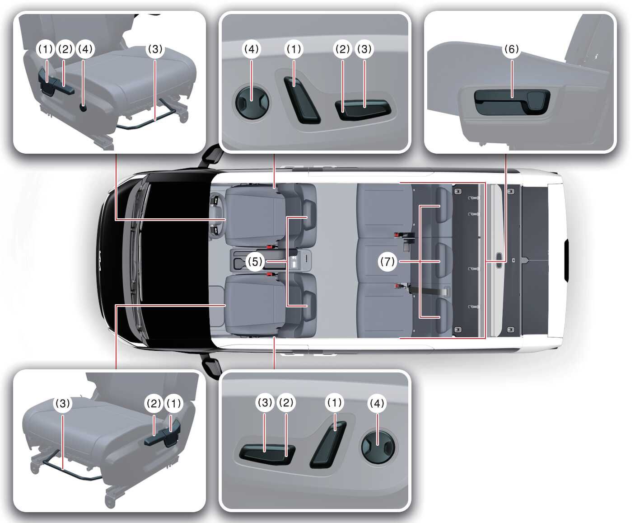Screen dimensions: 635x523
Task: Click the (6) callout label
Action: click(x=511, y=49)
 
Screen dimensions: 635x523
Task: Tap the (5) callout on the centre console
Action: click(x=255, y=261)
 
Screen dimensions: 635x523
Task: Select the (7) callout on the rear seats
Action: click(x=387, y=261)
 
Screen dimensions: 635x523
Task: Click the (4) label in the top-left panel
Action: click(x=85, y=49)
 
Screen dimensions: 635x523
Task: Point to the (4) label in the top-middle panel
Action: click(x=252, y=49)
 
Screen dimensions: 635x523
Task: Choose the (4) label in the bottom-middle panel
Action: click(x=377, y=403)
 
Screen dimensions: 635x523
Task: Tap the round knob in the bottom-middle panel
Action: click(x=378, y=447)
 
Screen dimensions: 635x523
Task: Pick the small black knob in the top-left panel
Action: click(x=83, y=107)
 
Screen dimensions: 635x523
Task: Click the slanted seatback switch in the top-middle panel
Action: click(x=302, y=100)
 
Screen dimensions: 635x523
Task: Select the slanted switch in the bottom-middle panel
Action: click(x=328, y=445)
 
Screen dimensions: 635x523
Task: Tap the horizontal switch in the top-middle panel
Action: click(x=363, y=109)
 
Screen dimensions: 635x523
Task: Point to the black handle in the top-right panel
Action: click(x=512, y=102)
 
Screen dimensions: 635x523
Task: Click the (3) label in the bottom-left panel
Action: click(x=63, y=403)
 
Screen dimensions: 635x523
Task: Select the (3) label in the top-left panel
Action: click(x=155, y=49)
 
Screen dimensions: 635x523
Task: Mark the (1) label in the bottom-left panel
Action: click(x=174, y=403)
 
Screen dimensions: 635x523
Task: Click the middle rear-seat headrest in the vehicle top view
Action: click(x=444, y=260)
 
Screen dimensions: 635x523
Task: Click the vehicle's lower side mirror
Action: click(x=212, y=367)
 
